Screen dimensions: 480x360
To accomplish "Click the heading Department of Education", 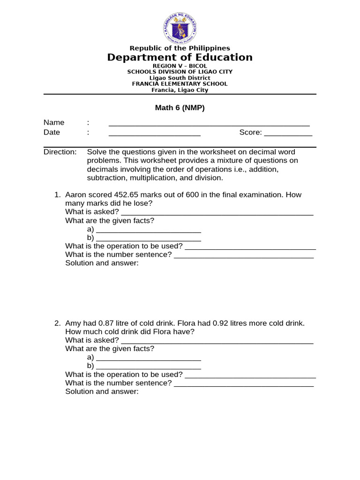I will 180,57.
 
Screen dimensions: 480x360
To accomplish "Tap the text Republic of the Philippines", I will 180,48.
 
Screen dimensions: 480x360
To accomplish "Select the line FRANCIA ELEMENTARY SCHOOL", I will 180,84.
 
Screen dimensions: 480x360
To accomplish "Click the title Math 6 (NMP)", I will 180,108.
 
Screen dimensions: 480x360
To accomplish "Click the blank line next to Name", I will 209,124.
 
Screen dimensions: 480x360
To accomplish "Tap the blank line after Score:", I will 288,134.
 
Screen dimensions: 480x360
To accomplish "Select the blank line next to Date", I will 154,134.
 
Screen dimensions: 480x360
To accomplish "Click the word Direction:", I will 60,152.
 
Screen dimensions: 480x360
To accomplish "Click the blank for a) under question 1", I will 148,230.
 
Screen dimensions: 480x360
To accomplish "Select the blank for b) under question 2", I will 148,367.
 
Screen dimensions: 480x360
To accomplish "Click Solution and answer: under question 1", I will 102,263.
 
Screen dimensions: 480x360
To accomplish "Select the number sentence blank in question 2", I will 243,384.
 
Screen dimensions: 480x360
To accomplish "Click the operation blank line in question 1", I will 250,247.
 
